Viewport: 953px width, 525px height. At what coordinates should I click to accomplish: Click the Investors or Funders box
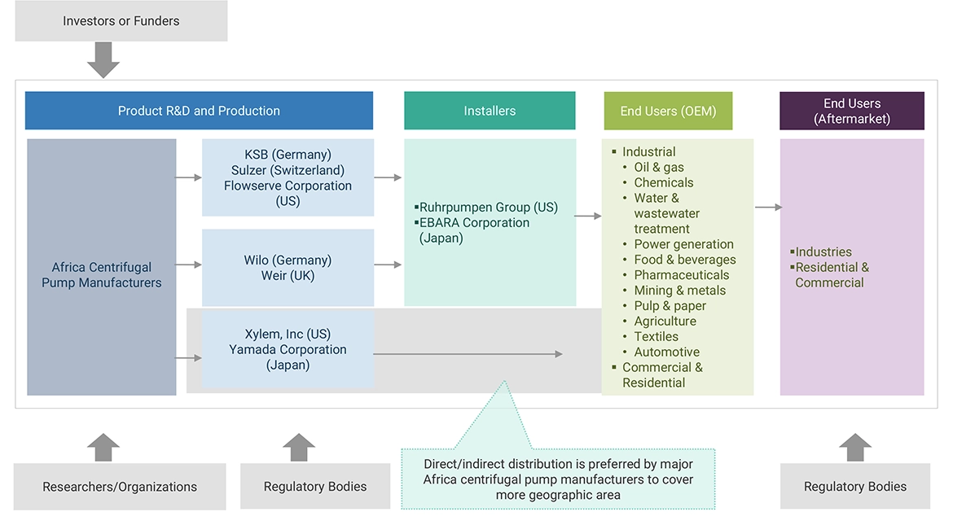pyautogui.click(x=121, y=21)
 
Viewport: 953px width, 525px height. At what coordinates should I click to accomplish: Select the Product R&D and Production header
pyautogui.click(x=199, y=111)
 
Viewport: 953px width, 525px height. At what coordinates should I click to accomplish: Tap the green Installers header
pyautogui.click(x=490, y=111)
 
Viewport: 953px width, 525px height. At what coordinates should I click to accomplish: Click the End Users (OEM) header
pyautogui.click(x=668, y=111)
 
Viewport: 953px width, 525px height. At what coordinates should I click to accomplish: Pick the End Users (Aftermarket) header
pyautogui.click(x=851, y=111)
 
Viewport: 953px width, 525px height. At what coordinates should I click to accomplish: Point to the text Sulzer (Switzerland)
pyautogui.click(x=288, y=170)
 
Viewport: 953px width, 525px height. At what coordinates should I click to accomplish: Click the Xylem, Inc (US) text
pyautogui.click(x=288, y=335)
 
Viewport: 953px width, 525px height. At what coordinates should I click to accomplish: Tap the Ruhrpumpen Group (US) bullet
pyautogui.click(x=489, y=208)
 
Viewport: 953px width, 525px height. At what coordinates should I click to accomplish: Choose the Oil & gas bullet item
pyautogui.click(x=659, y=168)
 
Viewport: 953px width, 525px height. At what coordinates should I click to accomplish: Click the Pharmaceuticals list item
pyautogui.click(x=681, y=275)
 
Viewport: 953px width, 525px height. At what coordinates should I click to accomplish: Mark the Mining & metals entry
pyautogui.click(x=679, y=291)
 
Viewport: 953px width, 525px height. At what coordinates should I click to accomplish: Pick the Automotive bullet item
pyautogui.click(x=666, y=352)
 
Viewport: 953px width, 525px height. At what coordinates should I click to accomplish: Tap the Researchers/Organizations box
pyautogui.click(x=120, y=487)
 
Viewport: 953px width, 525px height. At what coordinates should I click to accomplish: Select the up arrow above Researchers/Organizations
pyautogui.click(x=103, y=448)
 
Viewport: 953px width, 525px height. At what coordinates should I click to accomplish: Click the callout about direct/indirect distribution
pyautogui.click(x=558, y=479)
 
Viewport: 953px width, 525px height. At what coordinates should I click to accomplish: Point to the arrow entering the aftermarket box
pyautogui.click(x=768, y=208)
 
